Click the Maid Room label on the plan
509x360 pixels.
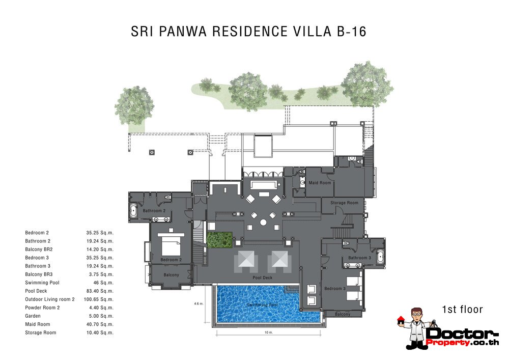tap(320, 183)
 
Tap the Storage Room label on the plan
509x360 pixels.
tap(345, 203)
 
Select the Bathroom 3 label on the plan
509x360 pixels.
tap(360, 258)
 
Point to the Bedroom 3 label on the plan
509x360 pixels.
tap(335, 289)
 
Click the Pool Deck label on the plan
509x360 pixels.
tap(263, 278)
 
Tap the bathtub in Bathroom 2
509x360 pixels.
tap(134, 211)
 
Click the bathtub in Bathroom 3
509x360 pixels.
tap(380, 257)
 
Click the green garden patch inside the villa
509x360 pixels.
tap(219, 240)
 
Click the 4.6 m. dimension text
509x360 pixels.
tap(199, 304)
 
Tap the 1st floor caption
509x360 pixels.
tap(462, 309)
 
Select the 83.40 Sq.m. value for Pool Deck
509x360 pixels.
tap(99, 291)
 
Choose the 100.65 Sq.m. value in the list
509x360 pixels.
tap(98, 299)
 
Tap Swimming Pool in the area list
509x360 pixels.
tap(42, 283)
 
